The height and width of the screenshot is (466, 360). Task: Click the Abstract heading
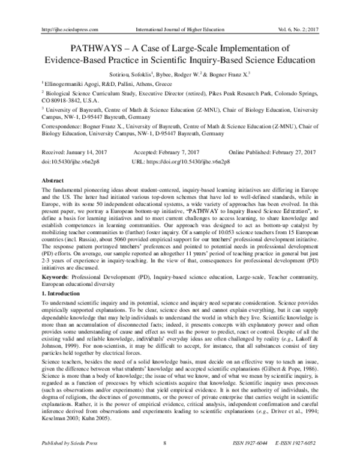pos(53,180)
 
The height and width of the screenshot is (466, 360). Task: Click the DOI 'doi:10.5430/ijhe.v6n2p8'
pos(71,162)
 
